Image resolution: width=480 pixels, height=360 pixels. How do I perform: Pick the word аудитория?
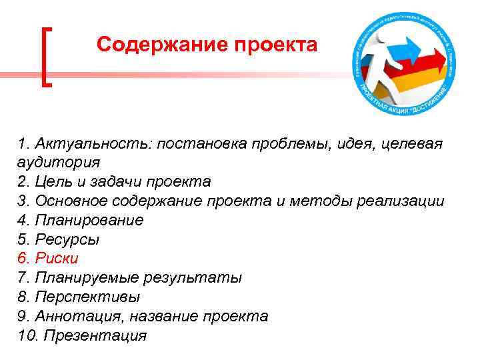click(59, 162)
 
